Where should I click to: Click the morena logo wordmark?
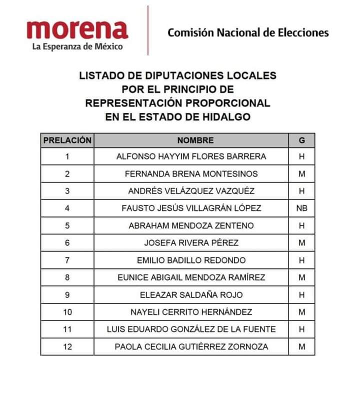coord(77,29)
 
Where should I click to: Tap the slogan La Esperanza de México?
coord(77,47)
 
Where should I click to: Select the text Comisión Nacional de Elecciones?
coord(248,33)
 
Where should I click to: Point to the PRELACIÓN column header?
coord(67,140)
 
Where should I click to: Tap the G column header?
coord(301,140)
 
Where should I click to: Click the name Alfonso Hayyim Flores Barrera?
coord(191,156)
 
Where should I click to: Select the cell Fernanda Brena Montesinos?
coord(191,174)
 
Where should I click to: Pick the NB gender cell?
coord(301,208)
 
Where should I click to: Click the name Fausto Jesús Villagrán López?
coord(191,208)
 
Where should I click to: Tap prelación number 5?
coord(67,225)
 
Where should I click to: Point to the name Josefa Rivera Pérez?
coord(191,243)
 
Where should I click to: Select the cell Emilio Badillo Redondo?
coord(191,260)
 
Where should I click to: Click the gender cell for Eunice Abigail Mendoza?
coord(301,277)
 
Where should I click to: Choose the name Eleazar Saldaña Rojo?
coord(191,295)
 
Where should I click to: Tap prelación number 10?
coord(67,312)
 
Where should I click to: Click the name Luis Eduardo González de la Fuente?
coord(191,329)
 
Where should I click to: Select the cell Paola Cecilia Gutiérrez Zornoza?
coord(191,346)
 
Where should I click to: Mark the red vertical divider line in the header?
coord(148,30)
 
